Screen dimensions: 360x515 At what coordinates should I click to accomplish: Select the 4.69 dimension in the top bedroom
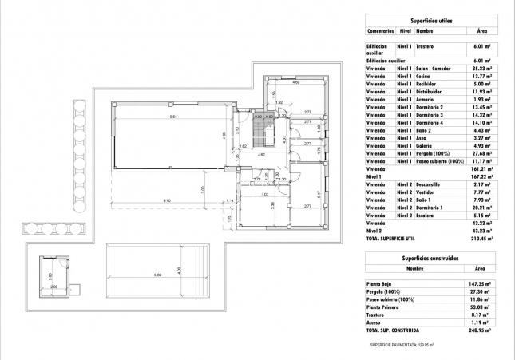coord(295,82)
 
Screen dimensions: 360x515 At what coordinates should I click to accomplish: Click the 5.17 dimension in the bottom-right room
coord(318,194)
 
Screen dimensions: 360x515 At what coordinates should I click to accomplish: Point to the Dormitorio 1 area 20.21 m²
coord(481,207)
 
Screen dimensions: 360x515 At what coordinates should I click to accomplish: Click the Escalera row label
coord(426,215)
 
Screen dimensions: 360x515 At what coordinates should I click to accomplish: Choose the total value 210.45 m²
coord(481,238)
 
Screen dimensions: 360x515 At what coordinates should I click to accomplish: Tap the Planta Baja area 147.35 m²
coord(480,283)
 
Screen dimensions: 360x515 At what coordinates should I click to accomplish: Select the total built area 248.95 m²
coord(480,330)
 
